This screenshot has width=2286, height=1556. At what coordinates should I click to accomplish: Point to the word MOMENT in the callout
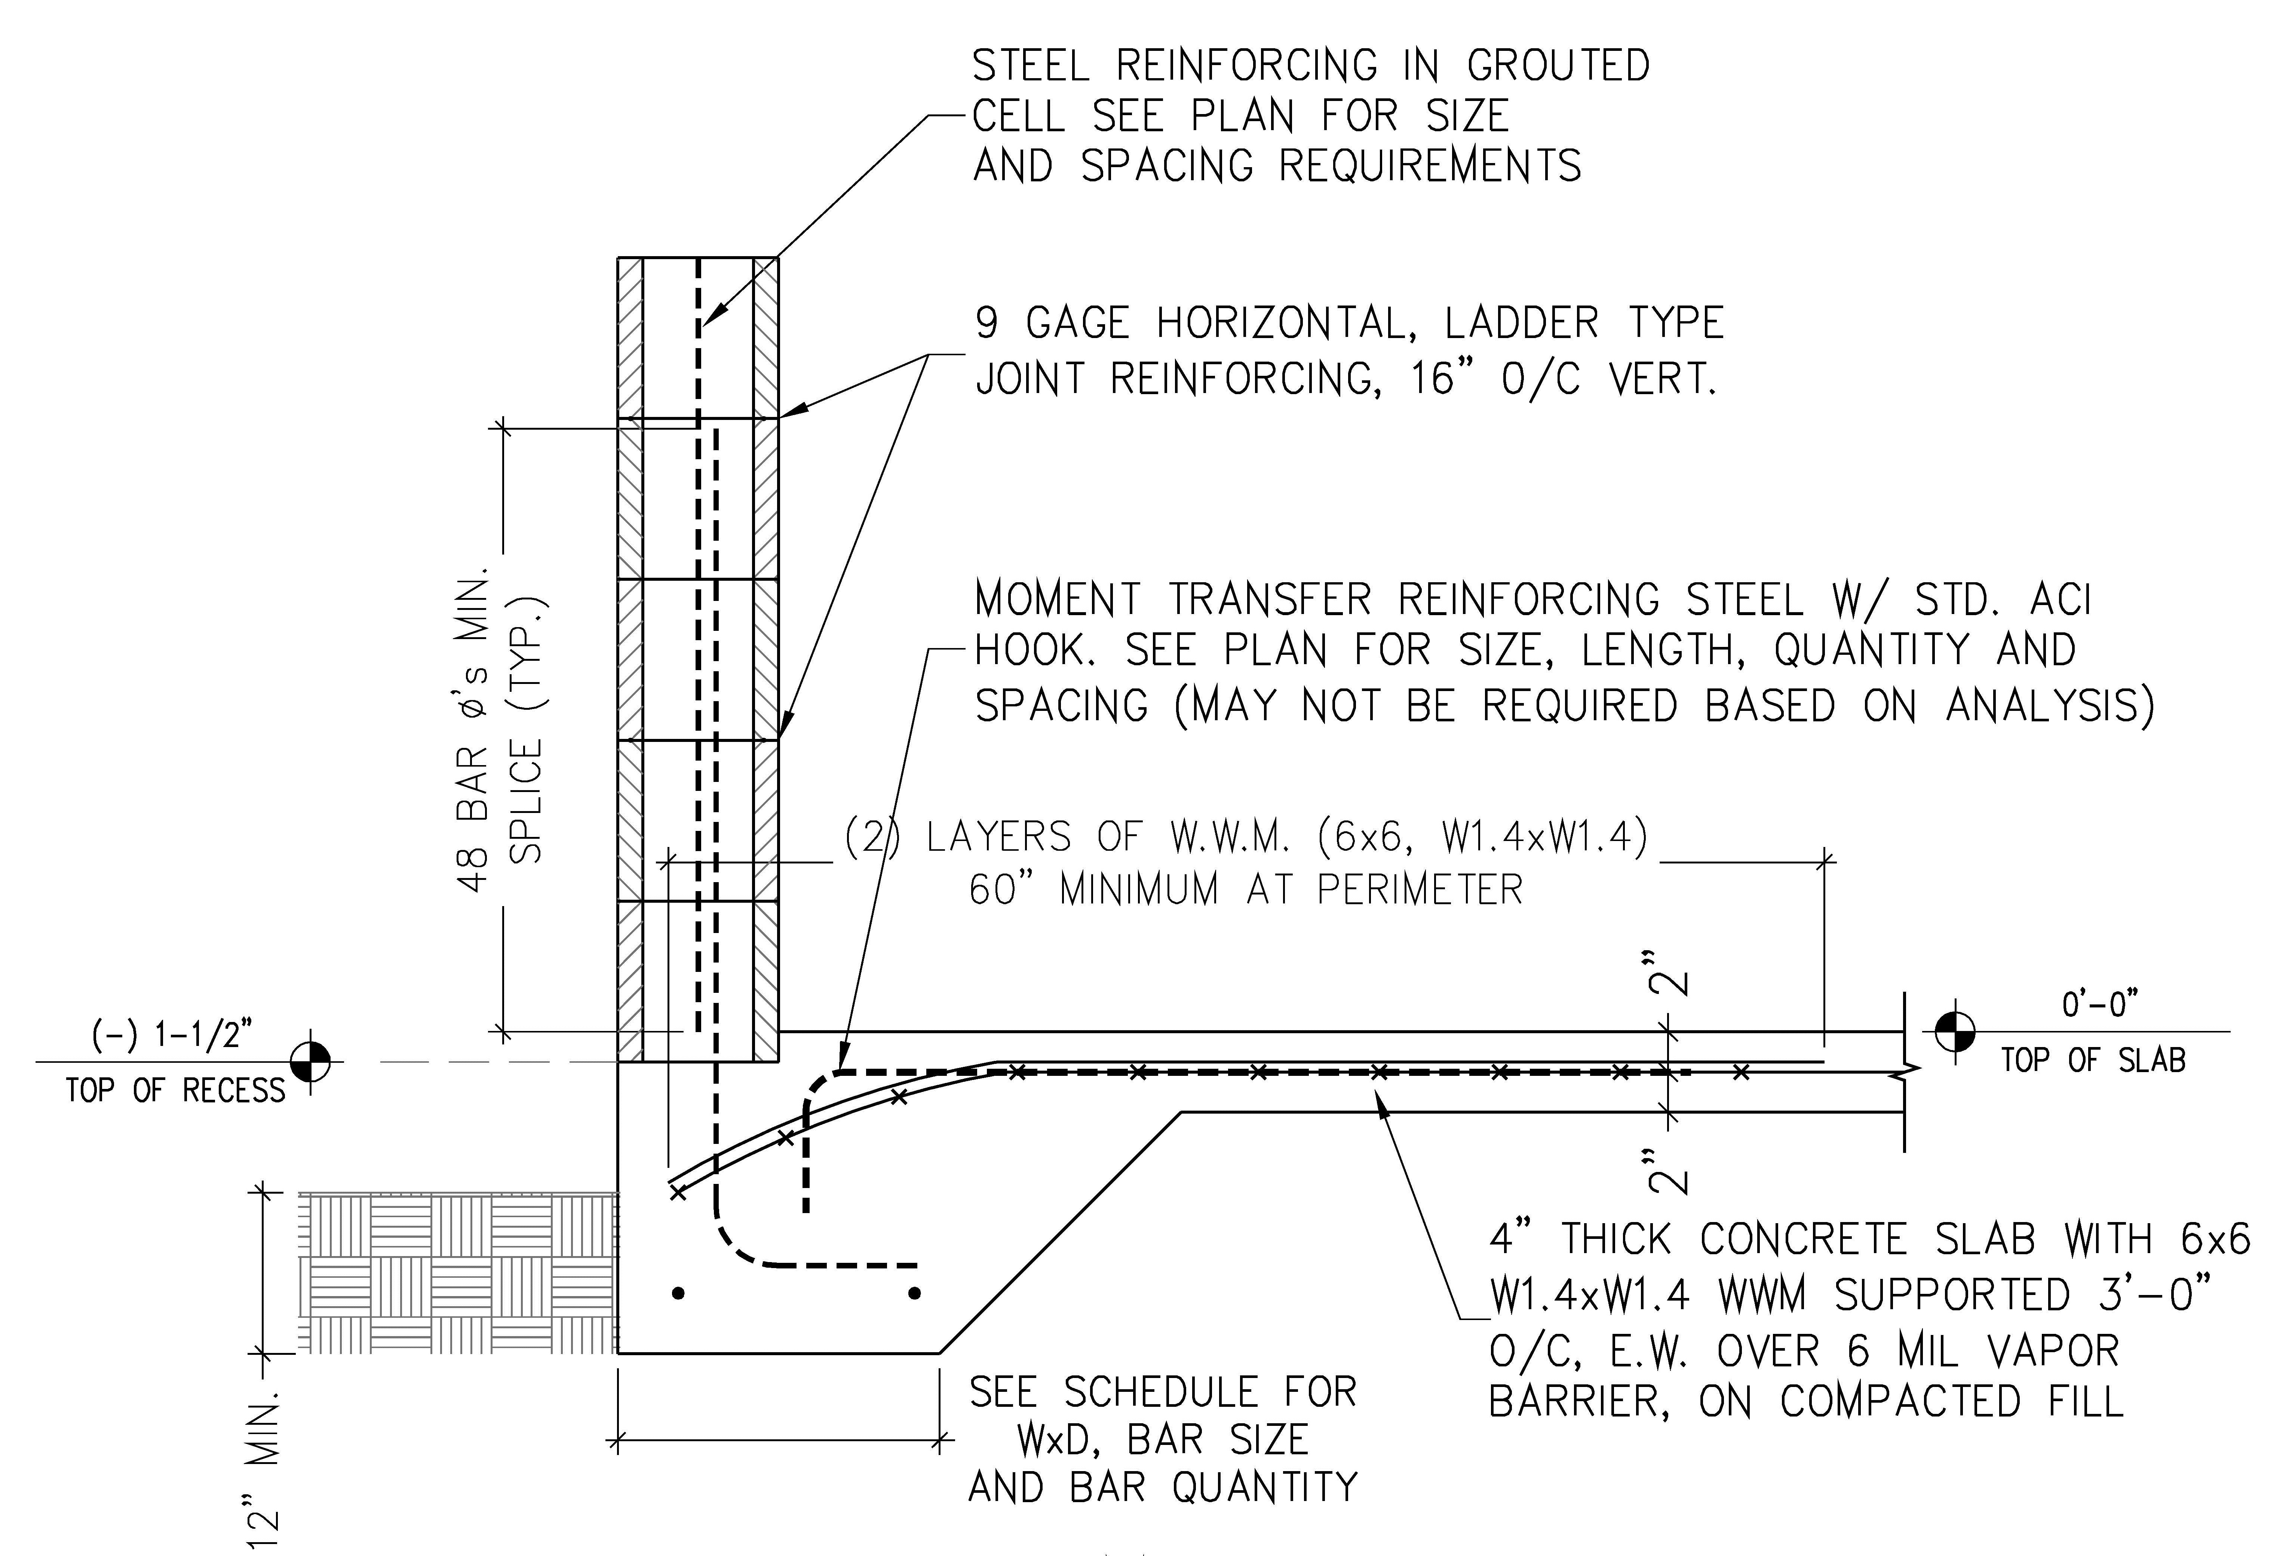1058,599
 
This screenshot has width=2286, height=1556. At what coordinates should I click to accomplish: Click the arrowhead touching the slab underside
1382,1110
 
